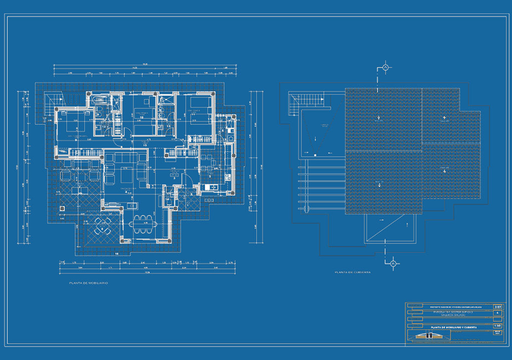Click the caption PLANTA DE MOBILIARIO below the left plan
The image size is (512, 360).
point(88,283)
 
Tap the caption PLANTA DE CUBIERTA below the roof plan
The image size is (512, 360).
point(352,272)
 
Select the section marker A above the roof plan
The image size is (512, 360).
point(385,67)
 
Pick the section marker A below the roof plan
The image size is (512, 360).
point(393,263)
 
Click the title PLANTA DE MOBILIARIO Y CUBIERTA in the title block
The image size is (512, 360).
point(450,327)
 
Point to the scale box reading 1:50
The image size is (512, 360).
point(497,324)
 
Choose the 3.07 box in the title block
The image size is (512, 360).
point(497,306)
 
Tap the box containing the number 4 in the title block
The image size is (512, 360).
point(497,313)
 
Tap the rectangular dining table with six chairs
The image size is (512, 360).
point(143,224)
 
